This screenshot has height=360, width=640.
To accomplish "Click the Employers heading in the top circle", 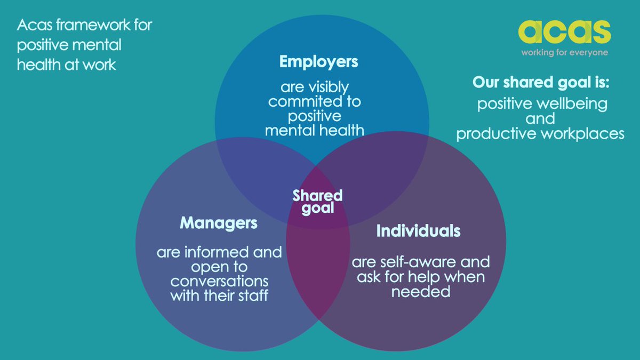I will (318, 62).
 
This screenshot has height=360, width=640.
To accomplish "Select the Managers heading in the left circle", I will (219, 222).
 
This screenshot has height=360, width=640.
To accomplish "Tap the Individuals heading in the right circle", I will (418, 231).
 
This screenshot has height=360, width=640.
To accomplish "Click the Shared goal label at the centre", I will (317, 202).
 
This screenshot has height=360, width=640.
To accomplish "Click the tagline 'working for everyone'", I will (564, 52).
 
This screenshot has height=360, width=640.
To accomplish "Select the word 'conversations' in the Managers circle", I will (219, 280).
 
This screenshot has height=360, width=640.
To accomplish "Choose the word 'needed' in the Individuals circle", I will (420, 291).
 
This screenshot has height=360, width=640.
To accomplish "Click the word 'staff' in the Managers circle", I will (252, 294).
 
